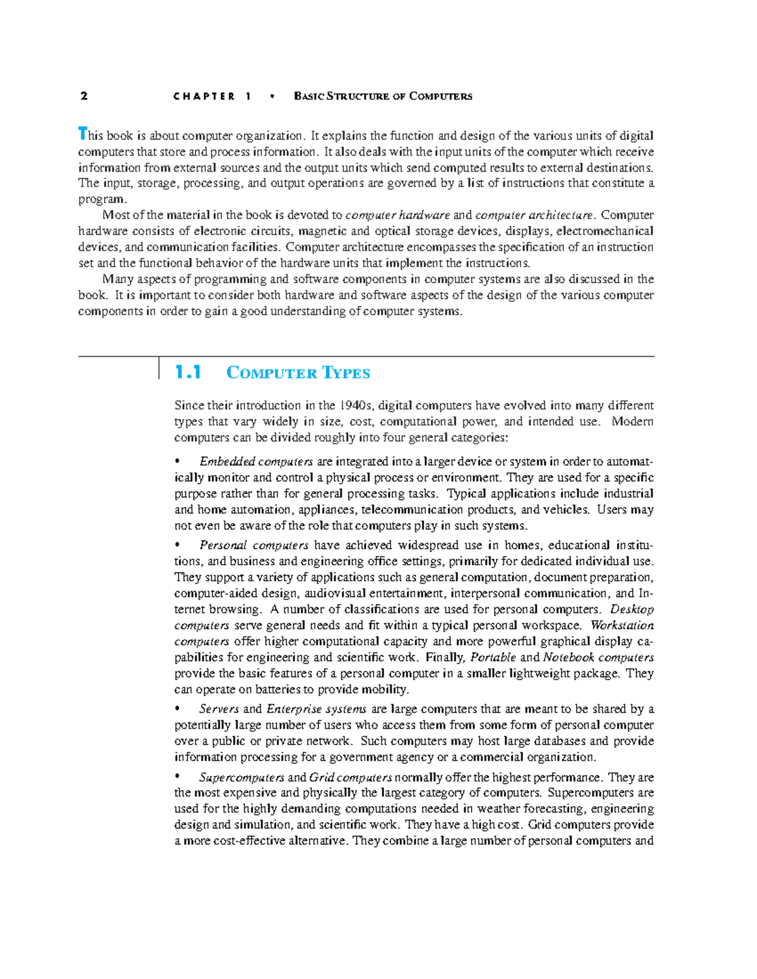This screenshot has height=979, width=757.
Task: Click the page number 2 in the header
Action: pyautogui.click(x=84, y=96)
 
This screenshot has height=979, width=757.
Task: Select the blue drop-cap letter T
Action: pyautogui.click(x=81, y=134)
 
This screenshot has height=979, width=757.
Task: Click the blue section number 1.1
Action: pyautogui.click(x=188, y=373)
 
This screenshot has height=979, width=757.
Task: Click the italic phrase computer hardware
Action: pyautogui.click(x=398, y=215)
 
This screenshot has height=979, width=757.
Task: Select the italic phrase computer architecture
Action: pyautogui.click(x=534, y=215)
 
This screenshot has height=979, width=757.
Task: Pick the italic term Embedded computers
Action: pyautogui.click(x=256, y=461)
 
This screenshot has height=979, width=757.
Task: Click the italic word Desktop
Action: pyautogui.click(x=632, y=610)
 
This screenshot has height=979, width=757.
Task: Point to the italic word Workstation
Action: pyautogui.click(x=622, y=625)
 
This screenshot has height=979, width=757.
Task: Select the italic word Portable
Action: pyautogui.click(x=493, y=657)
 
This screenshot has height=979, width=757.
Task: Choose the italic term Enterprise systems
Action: pyautogui.click(x=316, y=709)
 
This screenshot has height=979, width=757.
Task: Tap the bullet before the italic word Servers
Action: pyautogui.click(x=178, y=709)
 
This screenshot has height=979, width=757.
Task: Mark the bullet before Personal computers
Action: pyautogui.click(x=178, y=545)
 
